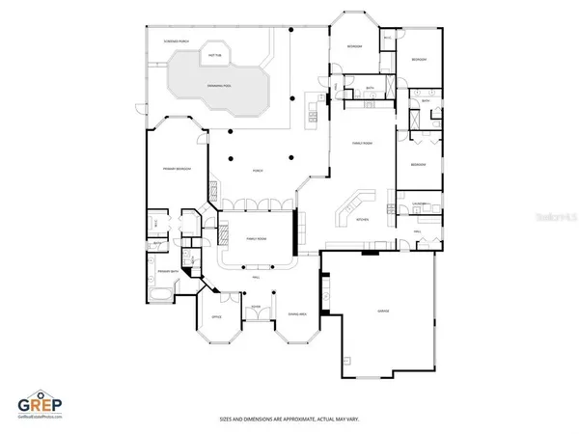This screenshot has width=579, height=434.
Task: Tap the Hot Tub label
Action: [214, 57]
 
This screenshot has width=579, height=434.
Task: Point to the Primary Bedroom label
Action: [177, 169]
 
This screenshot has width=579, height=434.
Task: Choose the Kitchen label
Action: [364, 220]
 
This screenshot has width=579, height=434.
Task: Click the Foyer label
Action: [257, 308]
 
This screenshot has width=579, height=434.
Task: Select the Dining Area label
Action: [297, 315]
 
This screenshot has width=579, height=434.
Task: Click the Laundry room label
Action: [420, 204]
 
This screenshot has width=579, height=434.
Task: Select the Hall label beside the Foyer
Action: [256, 278]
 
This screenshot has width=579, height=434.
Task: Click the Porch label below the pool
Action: [258, 170]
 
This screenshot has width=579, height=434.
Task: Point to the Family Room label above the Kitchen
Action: [362, 143]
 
